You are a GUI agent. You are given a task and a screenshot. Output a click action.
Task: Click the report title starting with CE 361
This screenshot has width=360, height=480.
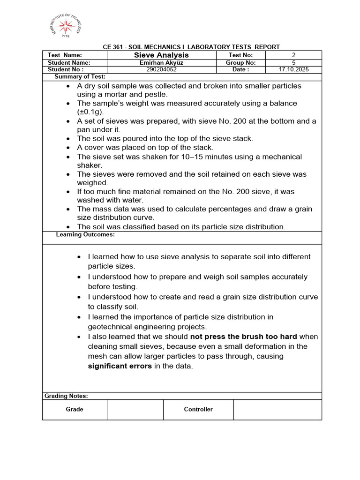191,47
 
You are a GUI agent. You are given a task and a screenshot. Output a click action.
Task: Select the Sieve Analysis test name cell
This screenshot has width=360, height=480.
161,55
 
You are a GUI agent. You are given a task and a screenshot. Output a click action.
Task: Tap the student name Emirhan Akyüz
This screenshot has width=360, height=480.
161,62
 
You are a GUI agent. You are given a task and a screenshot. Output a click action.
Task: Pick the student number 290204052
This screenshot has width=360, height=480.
161,69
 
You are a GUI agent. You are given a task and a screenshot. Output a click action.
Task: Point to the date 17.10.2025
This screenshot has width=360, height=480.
293,69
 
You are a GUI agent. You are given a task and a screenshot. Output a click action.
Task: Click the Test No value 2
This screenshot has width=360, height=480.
293,55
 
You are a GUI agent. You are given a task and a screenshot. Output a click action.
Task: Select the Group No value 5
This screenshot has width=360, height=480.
293,62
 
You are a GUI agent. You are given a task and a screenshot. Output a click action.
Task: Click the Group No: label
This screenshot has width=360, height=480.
240,62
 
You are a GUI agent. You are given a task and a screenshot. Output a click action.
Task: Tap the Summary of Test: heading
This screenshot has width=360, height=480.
80,76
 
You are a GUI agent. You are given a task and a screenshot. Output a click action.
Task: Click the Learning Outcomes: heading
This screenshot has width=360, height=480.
85,234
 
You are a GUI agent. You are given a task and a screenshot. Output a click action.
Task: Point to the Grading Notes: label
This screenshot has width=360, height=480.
66,396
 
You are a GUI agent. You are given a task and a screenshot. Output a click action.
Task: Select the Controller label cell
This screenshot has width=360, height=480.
198,409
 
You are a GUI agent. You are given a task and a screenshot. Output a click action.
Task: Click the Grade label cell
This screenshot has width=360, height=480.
75,409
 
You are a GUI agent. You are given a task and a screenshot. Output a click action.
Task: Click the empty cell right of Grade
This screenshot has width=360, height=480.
135,409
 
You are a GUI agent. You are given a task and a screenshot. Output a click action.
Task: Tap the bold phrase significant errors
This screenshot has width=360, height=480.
120,366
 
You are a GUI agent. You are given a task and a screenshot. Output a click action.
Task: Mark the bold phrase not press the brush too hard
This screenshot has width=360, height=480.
243,337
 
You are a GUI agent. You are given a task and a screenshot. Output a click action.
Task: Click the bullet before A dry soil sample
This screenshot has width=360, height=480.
68,86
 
